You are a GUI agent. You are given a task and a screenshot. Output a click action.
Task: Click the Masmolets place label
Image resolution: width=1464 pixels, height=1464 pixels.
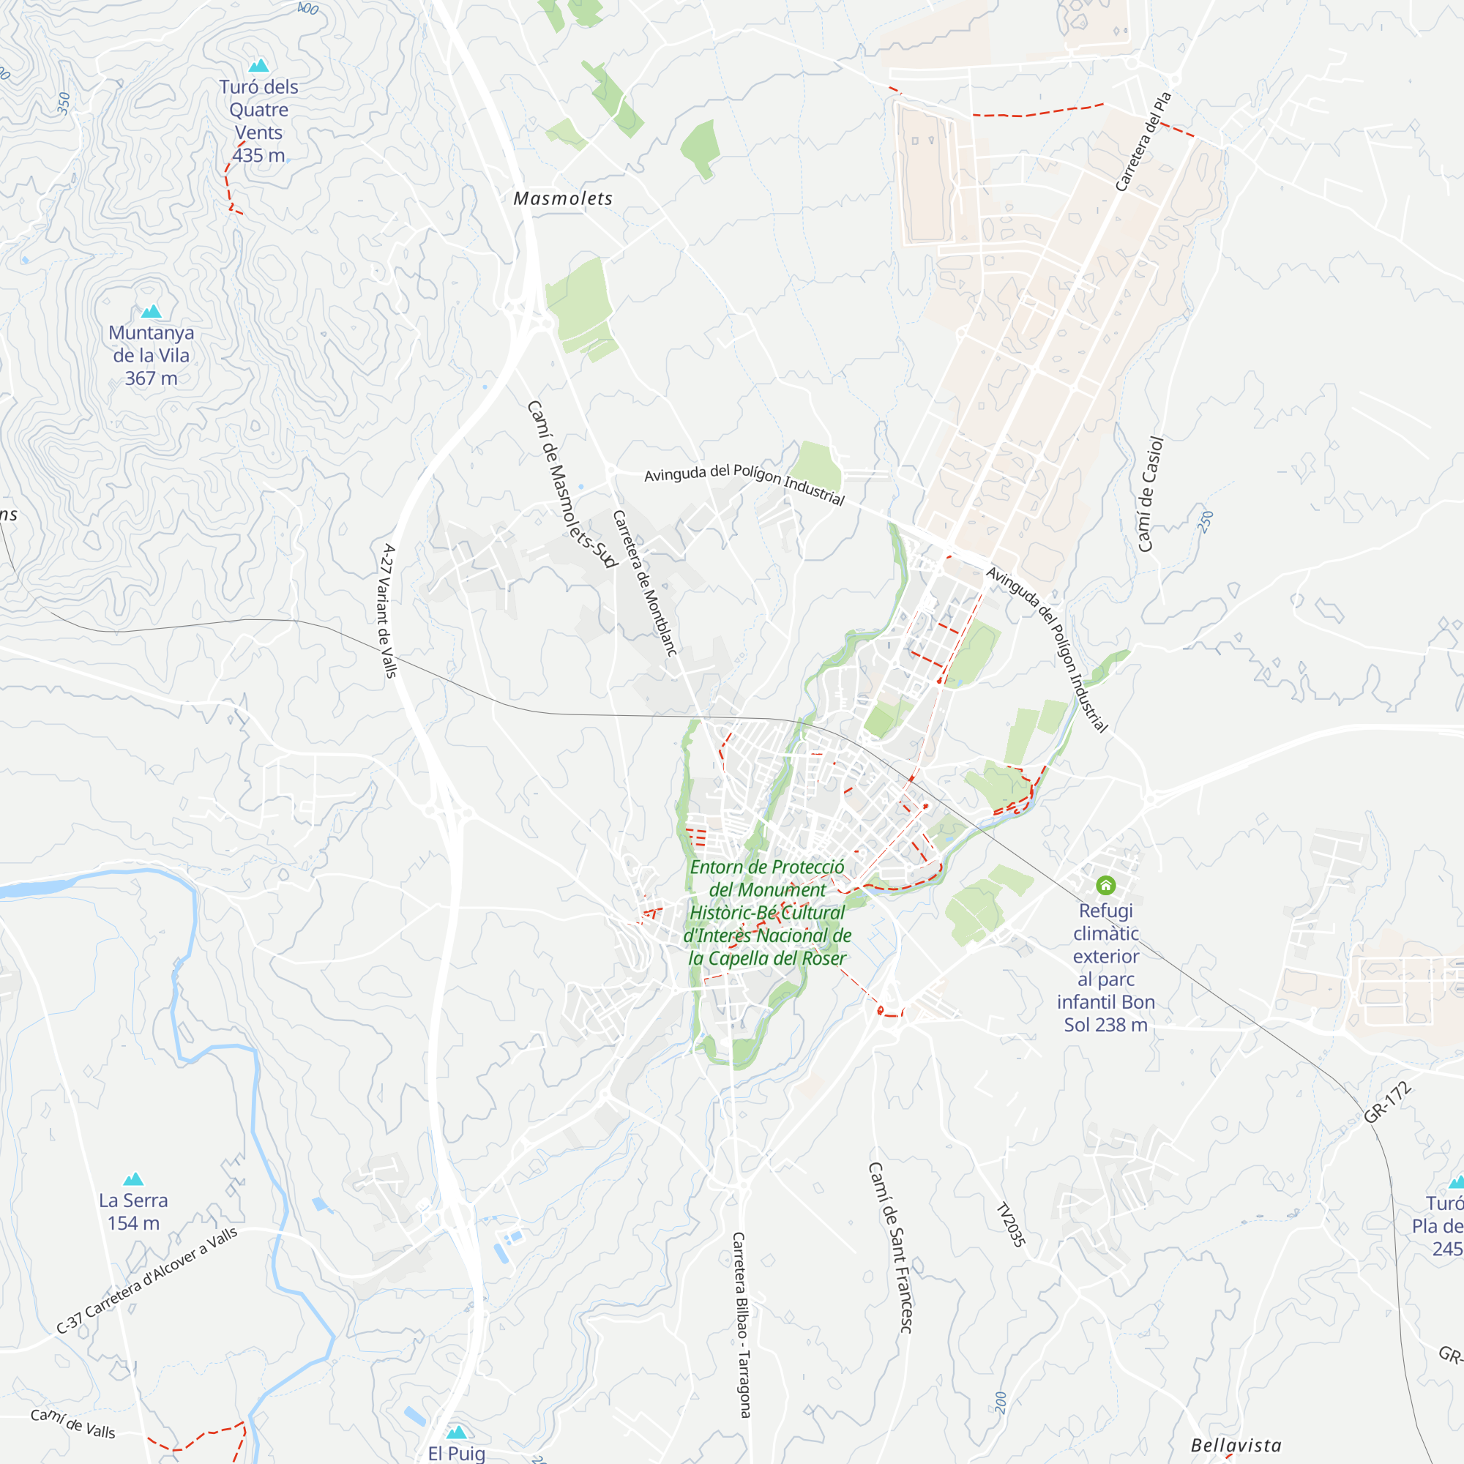[563, 198]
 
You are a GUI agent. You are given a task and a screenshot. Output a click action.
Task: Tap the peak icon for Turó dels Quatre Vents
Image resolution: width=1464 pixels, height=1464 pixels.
[259, 66]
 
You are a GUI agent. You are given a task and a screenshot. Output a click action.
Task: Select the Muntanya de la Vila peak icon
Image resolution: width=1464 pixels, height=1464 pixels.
[152, 311]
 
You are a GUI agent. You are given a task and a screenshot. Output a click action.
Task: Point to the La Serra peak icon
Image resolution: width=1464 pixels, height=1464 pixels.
[133, 1179]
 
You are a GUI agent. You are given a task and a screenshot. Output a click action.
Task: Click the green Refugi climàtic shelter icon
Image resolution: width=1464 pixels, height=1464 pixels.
[1105, 885]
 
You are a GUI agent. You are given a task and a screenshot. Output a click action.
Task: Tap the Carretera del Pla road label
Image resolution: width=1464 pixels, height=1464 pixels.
[1143, 142]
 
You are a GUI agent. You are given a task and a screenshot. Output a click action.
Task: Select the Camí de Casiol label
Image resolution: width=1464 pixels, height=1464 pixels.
[1150, 494]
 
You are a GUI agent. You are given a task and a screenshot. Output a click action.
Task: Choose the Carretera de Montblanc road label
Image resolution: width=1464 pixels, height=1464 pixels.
[644, 583]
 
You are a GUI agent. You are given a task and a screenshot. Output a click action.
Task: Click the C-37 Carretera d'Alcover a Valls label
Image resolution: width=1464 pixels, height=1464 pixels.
[147, 1280]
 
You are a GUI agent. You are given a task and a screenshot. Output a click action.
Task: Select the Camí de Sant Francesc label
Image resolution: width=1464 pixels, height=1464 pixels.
[890, 1247]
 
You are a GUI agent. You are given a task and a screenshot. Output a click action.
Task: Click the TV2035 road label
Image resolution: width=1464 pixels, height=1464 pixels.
[1011, 1225]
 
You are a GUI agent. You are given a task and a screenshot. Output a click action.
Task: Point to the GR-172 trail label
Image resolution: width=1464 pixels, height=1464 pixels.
[1387, 1102]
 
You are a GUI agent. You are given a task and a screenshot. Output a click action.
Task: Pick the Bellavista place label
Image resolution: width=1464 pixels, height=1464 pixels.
[1236, 1445]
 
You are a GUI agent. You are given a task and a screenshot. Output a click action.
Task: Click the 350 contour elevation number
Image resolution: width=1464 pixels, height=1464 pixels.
[64, 103]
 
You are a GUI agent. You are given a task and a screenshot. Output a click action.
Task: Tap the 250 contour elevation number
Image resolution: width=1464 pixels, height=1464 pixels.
[1206, 521]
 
